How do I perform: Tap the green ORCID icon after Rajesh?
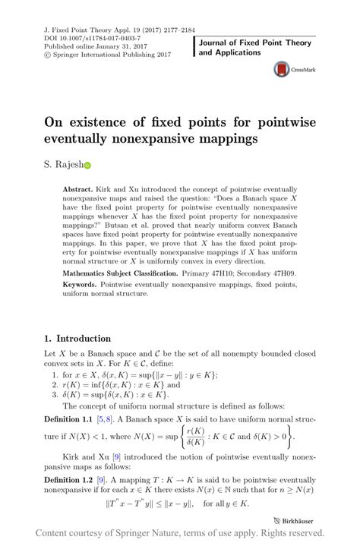coord(87,164)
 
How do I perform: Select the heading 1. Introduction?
coord(77,339)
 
